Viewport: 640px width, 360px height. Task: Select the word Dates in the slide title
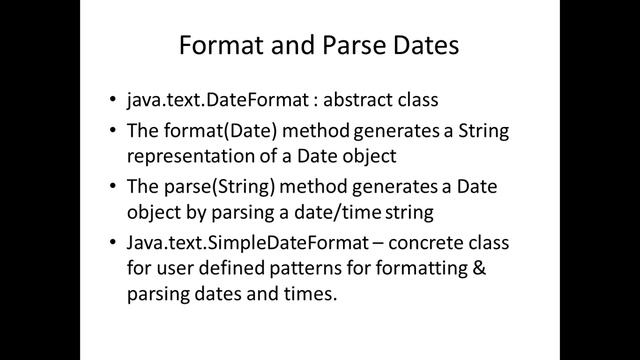[x=426, y=47]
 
